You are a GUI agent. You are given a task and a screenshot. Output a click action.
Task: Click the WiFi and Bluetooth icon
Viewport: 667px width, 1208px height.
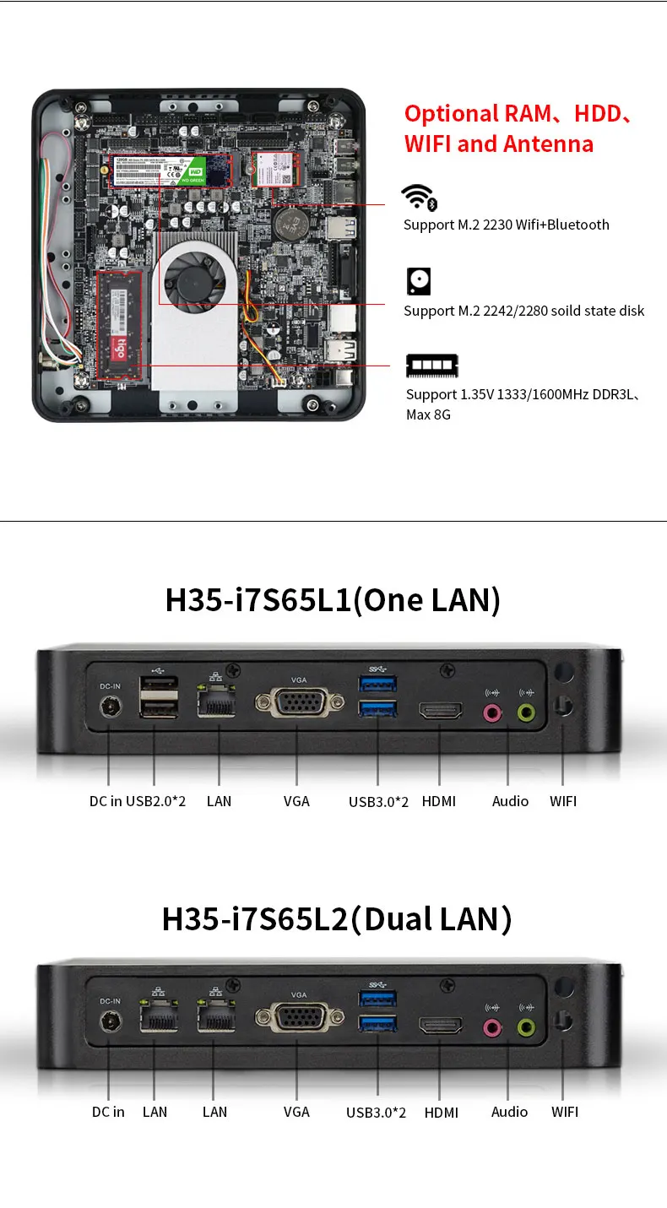[419, 198]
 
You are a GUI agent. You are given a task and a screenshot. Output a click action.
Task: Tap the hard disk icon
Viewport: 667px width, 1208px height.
[419, 281]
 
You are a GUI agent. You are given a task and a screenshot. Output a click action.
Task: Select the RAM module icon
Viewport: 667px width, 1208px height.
[431, 366]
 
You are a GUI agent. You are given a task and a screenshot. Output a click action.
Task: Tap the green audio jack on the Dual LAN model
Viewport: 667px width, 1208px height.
[526, 1027]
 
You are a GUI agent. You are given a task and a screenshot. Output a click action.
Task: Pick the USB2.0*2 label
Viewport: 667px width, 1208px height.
[155, 801]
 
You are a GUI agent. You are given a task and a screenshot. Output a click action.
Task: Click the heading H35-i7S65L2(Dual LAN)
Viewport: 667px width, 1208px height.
[337, 918]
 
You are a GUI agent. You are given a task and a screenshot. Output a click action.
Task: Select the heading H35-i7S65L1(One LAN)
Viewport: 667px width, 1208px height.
[333, 600]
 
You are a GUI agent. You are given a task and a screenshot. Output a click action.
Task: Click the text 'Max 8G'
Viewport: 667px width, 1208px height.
[428, 414]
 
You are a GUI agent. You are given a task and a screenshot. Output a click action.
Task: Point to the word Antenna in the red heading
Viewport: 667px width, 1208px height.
[547, 144]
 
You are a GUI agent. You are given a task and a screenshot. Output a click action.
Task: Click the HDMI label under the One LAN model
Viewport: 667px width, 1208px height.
[438, 801]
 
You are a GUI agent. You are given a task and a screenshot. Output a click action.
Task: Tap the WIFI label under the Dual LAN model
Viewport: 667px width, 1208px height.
[565, 1112]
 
